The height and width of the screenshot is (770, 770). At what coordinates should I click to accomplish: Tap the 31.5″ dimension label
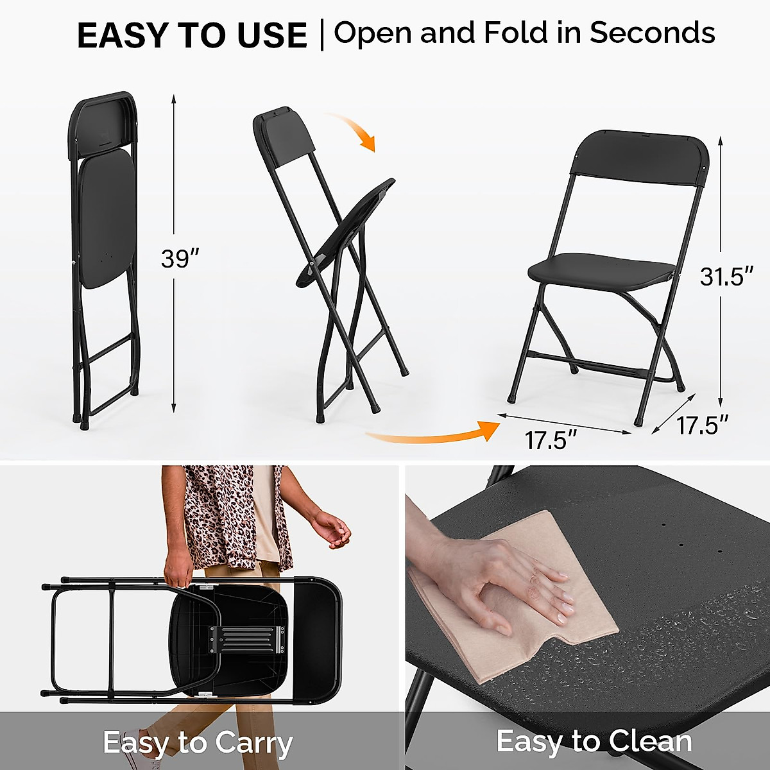coord(726,277)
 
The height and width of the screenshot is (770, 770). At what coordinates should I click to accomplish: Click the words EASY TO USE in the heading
coord(192,35)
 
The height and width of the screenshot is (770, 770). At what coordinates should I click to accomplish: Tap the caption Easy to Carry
coord(198,743)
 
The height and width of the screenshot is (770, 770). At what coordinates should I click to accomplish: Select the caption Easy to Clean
coord(594,741)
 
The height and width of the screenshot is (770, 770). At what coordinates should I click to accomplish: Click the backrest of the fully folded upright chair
coord(103,122)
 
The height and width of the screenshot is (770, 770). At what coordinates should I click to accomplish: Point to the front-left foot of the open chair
coord(511,398)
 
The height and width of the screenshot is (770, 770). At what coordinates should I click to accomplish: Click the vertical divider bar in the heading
coord(322,35)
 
